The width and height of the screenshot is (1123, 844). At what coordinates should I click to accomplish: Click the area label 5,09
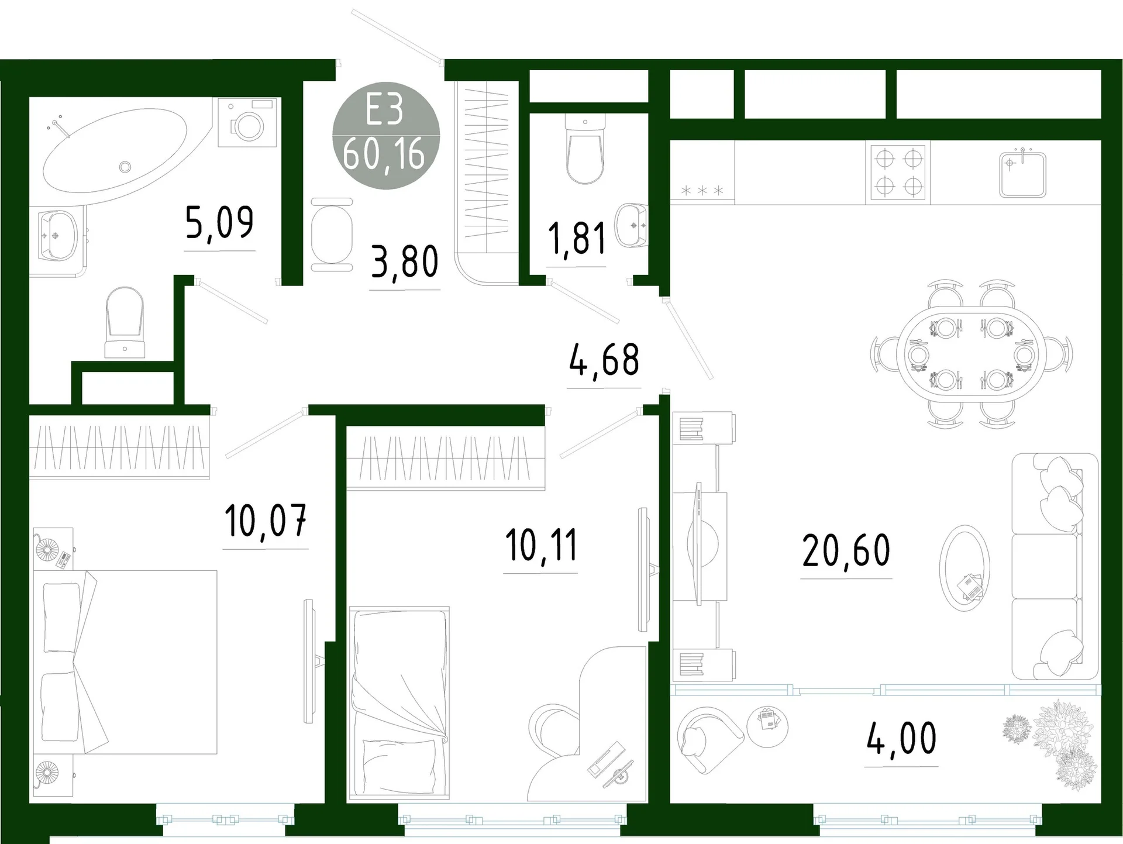[219, 223]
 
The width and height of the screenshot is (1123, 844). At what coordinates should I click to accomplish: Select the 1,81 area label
[576, 239]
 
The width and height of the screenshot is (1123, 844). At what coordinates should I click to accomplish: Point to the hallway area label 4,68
[604, 360]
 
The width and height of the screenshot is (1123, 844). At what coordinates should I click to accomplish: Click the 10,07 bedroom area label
[266, 521]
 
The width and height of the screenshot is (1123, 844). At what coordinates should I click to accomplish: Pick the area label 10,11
[541, 545]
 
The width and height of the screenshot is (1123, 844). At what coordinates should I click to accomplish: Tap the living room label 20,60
[846, 551]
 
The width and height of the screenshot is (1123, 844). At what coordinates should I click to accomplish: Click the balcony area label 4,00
[901, 739]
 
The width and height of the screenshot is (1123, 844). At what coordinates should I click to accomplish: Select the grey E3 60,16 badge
[385, 136]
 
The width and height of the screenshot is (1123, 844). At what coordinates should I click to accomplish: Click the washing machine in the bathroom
[249, 122]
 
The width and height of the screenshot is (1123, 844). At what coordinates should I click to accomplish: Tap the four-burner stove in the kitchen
[898, 173]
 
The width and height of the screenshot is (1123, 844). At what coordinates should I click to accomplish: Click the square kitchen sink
[1022, 174]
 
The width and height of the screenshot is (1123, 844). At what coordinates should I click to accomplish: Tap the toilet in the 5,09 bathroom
[125, 322]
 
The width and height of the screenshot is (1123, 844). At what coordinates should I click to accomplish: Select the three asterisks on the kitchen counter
[702, 191]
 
